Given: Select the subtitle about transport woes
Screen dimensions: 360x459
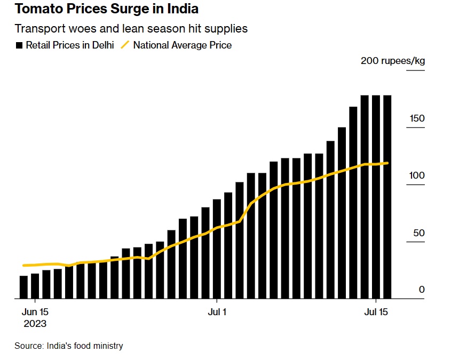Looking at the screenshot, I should (131, 28).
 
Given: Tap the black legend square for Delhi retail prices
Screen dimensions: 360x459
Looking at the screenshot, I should (19, 45).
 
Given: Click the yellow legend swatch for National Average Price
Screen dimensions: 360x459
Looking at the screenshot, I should (125, 45).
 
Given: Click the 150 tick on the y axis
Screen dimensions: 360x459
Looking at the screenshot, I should (417, 118).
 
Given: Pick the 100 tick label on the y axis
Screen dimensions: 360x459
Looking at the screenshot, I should (417, 176).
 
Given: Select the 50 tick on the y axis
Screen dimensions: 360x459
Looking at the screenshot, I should (419, 234).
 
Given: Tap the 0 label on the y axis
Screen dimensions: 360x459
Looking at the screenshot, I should (422, 290).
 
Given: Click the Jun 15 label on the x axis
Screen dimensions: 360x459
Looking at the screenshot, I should (35, 312).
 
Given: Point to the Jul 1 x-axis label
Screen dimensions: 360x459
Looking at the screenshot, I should (217, 312).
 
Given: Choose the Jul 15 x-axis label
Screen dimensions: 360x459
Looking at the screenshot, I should (376, 312).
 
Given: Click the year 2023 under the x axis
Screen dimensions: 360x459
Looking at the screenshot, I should (35, 324).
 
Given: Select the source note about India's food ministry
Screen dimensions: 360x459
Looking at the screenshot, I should (68, 346).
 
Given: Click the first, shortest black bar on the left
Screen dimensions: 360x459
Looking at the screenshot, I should (23, 287).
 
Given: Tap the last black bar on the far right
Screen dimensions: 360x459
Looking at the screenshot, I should (387, 197).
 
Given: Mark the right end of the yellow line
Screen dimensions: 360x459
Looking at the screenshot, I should (387, 163).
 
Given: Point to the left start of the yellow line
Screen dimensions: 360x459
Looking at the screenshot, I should (23, 265).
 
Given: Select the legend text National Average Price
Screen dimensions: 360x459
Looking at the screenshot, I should (183, 45).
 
